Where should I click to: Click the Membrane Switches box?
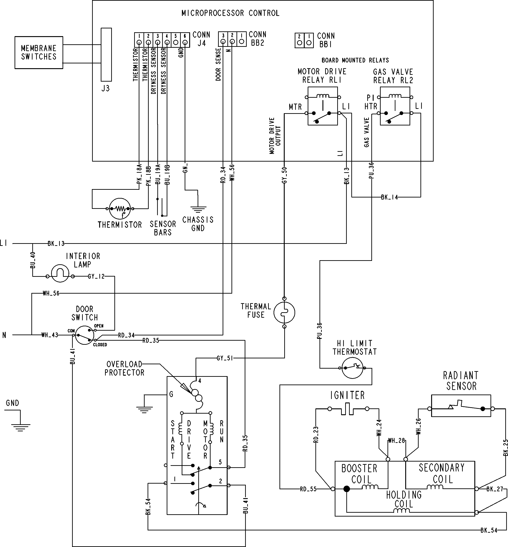(x=39, y=52)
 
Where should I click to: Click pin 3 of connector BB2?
(x=223, y=42)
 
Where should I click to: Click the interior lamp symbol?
(x=60, y=273)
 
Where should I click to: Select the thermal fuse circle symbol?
(x=284, y=313)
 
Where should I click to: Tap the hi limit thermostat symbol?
(x=352, y=368)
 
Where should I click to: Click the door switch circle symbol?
(x=85, y=335)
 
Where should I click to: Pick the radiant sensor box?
(x=461, y=406)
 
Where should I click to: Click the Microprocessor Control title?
(x=230, y=13)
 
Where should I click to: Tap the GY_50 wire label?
(x=284, y=175)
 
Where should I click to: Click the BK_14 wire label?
(x=389, y=197)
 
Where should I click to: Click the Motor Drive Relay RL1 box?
(x=322, y=106)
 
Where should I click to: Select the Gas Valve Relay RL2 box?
(x=395, y=106)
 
